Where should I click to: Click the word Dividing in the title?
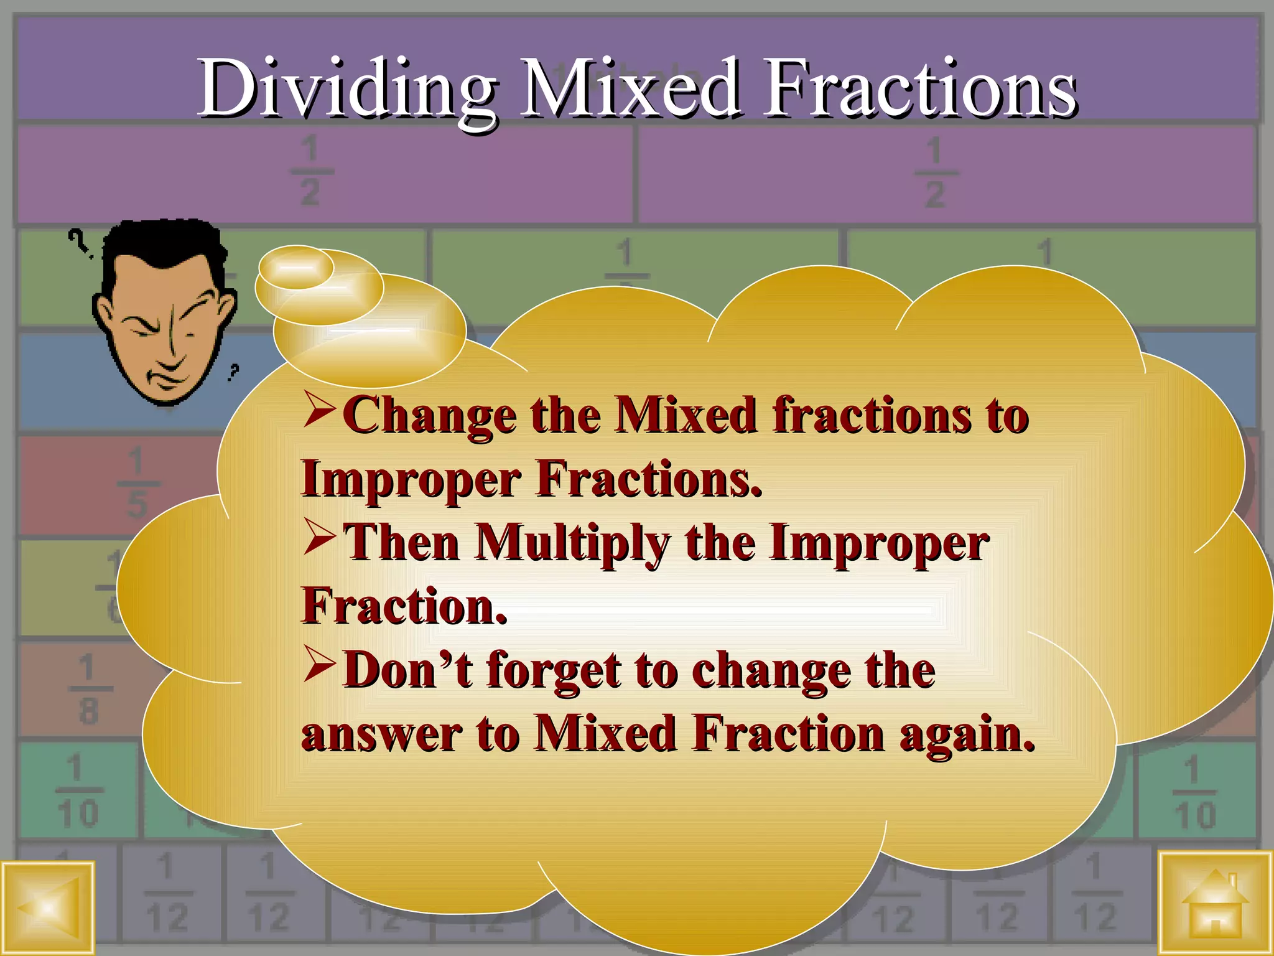pos(345,88)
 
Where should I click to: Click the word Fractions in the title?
pos(921,88)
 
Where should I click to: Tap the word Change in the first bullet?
pos(429,416)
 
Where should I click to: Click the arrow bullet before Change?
pos(320,412)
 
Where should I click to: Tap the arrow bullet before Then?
pos(320,539)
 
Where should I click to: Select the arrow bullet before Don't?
pos(320,666)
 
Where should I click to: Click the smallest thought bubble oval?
pos(296,267)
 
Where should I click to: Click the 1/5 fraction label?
pos(136,484)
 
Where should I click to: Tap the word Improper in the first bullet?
pos(411,479)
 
